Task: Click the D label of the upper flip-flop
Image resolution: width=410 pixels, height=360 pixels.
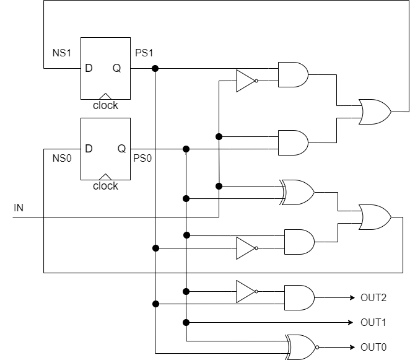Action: [x=89, y=69]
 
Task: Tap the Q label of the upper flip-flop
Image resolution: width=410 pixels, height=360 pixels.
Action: [x=116, y=69]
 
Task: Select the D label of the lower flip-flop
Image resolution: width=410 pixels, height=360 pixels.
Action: [x=89, y=149]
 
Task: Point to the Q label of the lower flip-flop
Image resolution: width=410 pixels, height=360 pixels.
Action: [x=121, y=149]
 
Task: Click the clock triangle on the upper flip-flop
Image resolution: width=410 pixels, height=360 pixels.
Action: [x=105, y=96]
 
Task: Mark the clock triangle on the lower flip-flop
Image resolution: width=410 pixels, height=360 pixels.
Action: [x=105, y=177]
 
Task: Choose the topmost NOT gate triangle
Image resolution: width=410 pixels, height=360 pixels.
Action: [x=245, y=81]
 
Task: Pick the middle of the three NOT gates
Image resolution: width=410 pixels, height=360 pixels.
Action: [x=245, y=248]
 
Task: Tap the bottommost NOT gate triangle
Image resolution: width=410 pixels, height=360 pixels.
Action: [x=245, y=291]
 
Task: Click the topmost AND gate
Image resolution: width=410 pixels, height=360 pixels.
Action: [x=292, y=75]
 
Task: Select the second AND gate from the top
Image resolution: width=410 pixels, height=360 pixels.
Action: [x=292, y=143]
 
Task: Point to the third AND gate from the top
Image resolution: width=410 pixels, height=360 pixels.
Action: [x=299, y=242]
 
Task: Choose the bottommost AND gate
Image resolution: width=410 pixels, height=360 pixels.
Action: [x=299, y=298]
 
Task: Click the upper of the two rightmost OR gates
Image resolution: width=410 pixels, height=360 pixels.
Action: [x=374, y=112]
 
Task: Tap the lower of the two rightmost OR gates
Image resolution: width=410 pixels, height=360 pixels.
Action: [x=374, y=217]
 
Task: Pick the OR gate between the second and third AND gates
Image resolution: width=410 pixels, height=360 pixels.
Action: [x=298, y=193]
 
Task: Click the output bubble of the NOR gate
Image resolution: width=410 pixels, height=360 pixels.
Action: [x=318, y=348]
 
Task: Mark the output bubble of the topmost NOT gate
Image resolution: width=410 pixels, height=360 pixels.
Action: [x=256, y=81]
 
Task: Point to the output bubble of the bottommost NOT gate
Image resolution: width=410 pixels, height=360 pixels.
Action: [x=256, y=291]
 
